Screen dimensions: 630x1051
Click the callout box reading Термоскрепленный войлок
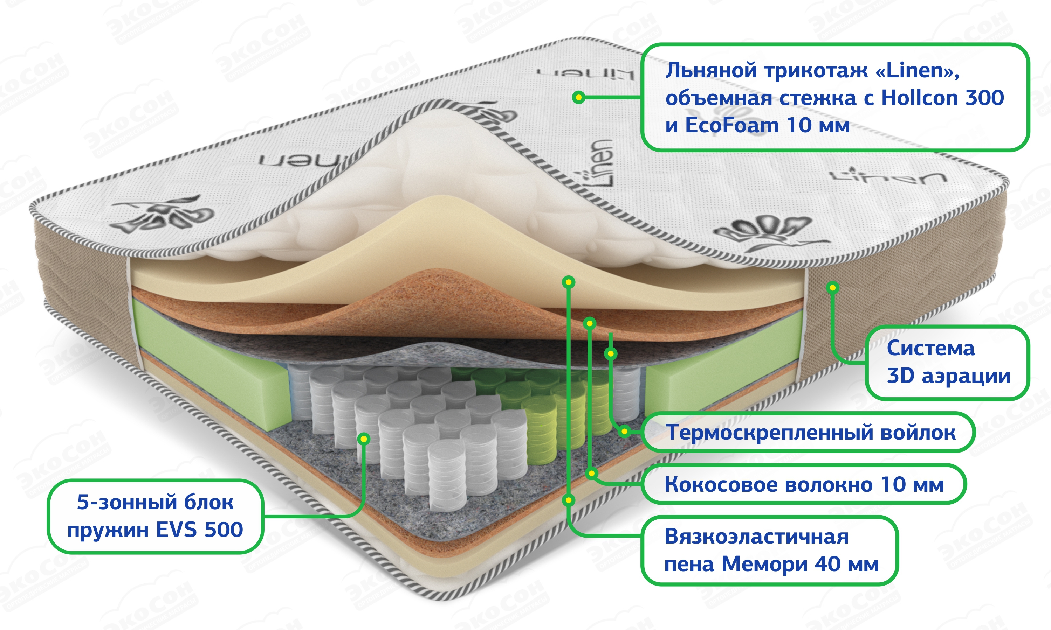[810, 433]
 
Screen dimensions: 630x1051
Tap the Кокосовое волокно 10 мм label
[804, 484]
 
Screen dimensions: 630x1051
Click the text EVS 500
[199, 530]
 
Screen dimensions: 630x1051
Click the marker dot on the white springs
[364, 439]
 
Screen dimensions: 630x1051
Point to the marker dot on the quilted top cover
[578, 97]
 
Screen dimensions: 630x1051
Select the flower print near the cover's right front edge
[765, 231]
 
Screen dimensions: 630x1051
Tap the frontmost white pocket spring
[447, 475]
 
